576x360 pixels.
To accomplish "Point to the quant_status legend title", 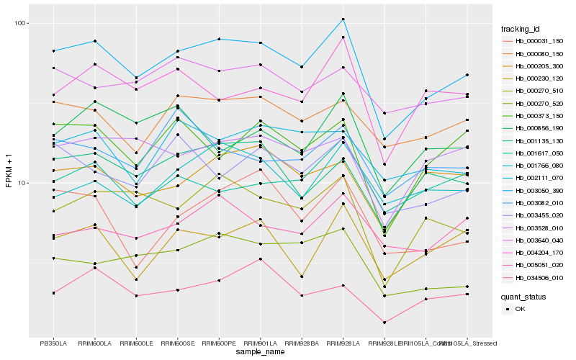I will [525, 296].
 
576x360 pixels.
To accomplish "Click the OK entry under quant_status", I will [520, 308].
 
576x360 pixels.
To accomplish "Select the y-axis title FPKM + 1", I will [9, 180].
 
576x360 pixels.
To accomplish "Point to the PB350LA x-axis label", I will [53, 343].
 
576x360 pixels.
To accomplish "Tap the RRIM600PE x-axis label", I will [219, 343].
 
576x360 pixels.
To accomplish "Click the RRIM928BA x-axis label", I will [302, 343].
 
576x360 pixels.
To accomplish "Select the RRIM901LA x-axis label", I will [260, 343].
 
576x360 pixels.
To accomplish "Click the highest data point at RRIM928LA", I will [343, 19].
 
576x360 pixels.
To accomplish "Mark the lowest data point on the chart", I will [384, 323].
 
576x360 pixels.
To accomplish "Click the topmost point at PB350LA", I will [53, 51].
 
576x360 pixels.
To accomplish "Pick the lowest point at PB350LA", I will [53, 293].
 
